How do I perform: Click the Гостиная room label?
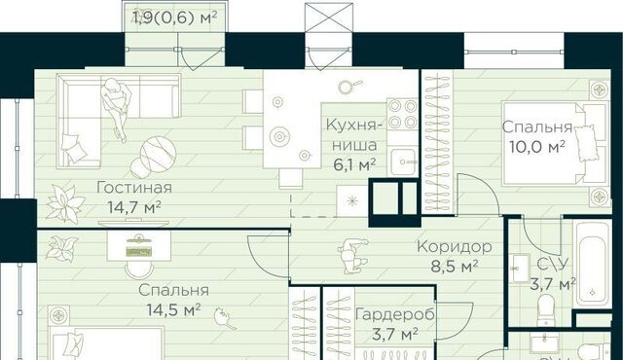134,188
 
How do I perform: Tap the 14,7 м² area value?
134,207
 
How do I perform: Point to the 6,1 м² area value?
354,163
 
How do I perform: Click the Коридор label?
455,246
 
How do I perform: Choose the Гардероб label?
395,314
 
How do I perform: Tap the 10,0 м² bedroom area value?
537,147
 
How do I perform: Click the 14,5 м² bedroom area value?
173,309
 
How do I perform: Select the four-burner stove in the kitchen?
402,114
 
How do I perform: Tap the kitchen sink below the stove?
403,162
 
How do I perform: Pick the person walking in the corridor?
353,256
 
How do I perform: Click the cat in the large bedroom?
225,317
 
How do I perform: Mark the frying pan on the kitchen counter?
348,87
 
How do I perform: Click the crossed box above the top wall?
329,18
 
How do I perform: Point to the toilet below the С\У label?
545,309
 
